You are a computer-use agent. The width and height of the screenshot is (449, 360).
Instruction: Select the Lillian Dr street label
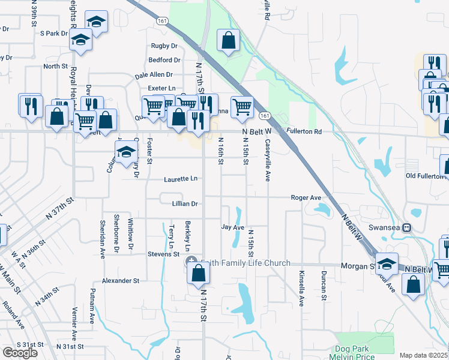[x=186, y=204]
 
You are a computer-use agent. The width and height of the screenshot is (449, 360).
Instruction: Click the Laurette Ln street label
[x=181, y=179]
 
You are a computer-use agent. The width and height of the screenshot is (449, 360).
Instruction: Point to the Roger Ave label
[x=306, y=197]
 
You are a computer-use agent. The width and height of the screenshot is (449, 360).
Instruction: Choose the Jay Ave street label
[x=232, y=227]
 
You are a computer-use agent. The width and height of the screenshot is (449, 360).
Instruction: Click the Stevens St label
[x=164, y=254]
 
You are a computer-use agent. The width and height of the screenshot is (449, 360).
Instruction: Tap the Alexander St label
[x=120, y=280]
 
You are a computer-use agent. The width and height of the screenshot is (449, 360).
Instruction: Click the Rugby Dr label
[x=164, y=46]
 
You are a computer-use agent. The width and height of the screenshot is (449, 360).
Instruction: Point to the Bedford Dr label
[x=164, y=60]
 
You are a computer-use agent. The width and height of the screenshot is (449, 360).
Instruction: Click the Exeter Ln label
[x=161, y=88]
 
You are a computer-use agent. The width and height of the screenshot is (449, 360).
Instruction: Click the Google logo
[x=20, y=353]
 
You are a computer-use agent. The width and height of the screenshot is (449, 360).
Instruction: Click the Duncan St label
[x=323, y=283]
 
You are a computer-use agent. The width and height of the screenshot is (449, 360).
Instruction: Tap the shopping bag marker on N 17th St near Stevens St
[x=198, y=273]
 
